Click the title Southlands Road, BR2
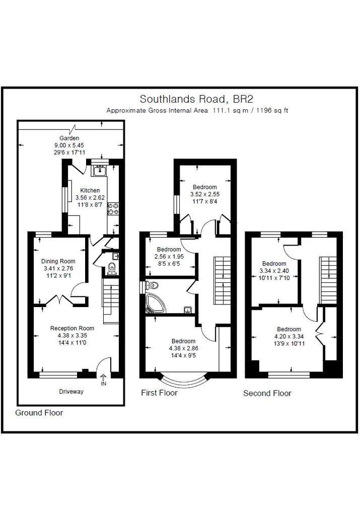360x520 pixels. [x=196, y=99]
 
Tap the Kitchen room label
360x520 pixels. [x=90, y=190]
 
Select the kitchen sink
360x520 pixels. [x=100, y=171]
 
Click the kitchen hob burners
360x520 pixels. [x=113, y=208]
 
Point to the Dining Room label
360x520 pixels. [x=58, y=261]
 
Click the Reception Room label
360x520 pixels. [x=72, y=328]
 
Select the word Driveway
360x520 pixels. [x=71, y=391]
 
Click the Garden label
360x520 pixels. [x=69, y=138]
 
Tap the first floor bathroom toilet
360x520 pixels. [x=152, y=285]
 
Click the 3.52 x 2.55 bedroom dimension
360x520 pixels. [x=205, y=194]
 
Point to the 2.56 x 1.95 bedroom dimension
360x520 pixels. [x=169, y=257]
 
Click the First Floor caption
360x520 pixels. [x=159, y=393]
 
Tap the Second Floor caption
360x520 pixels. [x=267, y=393]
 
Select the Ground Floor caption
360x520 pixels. [x=39, y=413]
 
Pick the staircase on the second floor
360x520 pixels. [x=328, y=280]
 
